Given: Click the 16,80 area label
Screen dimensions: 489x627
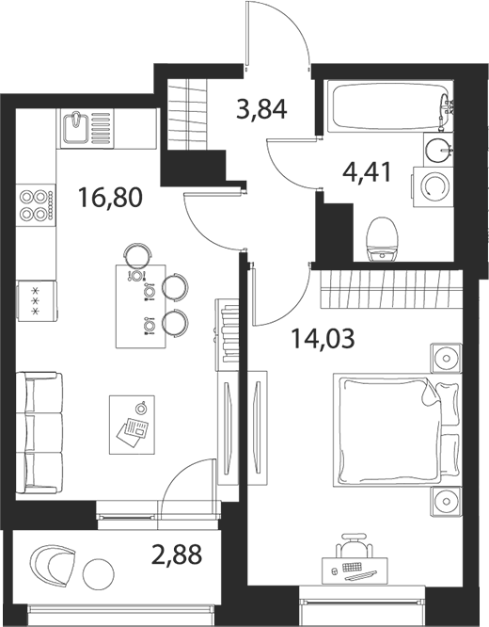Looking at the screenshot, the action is [110, 198].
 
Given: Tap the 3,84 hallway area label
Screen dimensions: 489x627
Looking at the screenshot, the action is [261, 109].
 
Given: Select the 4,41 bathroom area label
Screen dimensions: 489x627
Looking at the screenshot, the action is [367, 172].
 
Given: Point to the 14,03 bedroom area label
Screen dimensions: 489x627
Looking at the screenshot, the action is [323, 338].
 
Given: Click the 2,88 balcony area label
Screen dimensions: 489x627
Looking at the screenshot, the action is [177, 554].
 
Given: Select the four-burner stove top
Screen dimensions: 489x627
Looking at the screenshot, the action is [36, 205].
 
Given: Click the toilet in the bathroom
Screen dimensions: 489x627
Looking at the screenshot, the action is [383, 239].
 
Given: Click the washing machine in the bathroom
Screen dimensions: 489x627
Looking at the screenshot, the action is [434, 187].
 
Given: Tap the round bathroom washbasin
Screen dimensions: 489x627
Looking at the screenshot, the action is [438, 150].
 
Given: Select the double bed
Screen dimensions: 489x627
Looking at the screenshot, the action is [396, 430].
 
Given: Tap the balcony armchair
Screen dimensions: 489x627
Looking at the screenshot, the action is [53, 567].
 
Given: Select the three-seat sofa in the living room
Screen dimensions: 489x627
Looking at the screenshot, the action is [39, 433].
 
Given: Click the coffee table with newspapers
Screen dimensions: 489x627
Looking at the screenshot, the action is [132, 425].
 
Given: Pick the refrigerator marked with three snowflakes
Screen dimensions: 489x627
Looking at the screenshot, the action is [37, 300].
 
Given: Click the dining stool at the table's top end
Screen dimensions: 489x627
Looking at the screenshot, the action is [138, 254].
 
